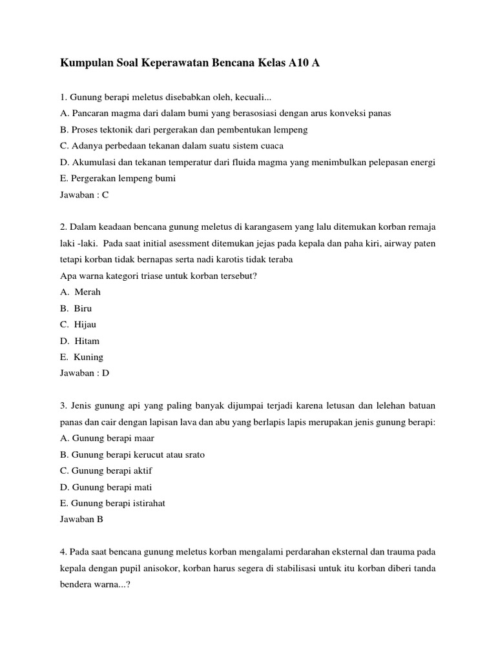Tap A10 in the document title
click(x=298, y=63)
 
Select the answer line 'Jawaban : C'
click(x=87, y=194)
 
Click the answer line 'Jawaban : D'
click(x=87, y=372)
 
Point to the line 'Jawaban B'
click(x=81, y=518)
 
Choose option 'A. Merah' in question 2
click(x=81, y=292)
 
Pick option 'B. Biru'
click(x=76, y=308)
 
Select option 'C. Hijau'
click(x=78, y=324)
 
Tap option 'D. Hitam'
click(x=79, y=340)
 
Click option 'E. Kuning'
click(x=81, y=356)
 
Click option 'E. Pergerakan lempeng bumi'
click(x=118, y=178)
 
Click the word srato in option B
click(x=193, y=454)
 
